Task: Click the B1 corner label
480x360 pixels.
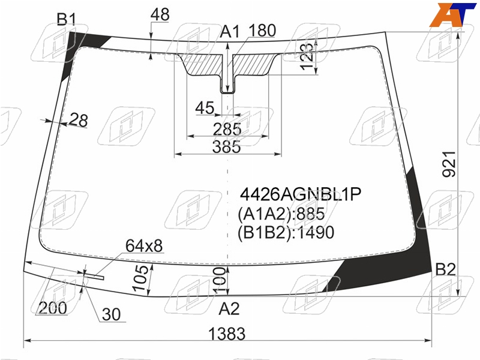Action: (x=67, y=19)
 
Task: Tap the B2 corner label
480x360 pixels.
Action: (x=445, y=269)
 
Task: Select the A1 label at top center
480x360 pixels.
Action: (x=230, y=32)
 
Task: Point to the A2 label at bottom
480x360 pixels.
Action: (x=229, y=308)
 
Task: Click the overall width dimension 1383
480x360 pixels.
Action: (x=227, y=334)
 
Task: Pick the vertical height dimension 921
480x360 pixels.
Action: (x=449, y=164)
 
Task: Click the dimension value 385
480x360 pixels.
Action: (x=227, y=146)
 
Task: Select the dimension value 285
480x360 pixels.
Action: (x=227, y=129)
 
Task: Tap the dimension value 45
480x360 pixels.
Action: (x=205, y=108)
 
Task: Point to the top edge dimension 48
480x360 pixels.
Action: (x=160, y=14)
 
